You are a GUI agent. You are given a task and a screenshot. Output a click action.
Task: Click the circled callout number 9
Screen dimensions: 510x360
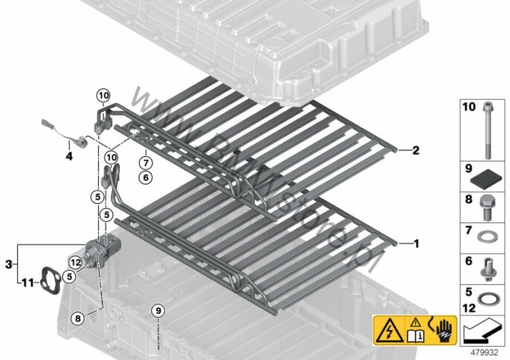coord(158,311)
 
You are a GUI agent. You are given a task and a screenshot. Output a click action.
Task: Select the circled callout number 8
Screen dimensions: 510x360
coord(77,318)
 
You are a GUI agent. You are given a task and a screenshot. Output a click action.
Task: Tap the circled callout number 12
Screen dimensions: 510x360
coord(76,262)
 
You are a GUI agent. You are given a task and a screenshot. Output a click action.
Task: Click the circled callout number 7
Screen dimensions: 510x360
coord(146,162)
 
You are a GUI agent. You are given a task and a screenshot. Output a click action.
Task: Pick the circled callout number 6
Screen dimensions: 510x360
coord(146,177)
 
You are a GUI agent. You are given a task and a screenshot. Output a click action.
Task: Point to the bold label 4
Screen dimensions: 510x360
coord(69,156)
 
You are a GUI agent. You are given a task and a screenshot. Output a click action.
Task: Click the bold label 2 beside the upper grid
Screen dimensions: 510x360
coord(416,150)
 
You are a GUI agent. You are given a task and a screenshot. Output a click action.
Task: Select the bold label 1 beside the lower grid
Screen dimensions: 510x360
coord(416,243)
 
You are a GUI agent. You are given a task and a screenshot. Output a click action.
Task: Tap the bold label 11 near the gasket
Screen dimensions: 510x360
coord(28,283)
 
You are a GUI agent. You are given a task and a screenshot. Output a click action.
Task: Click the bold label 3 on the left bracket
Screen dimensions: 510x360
coord(9,264)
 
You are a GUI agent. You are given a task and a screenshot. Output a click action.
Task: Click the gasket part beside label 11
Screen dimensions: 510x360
coord(50,280)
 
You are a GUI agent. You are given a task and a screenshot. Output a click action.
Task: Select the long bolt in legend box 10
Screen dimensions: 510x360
coord(487,130)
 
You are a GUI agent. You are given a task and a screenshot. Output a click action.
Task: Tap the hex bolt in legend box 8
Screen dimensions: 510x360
coord(487,207)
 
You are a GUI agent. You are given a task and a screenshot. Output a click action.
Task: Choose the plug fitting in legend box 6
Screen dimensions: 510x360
coord(486,269)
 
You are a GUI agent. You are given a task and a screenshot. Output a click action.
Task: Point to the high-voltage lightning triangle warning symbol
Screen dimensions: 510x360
coord(389,331)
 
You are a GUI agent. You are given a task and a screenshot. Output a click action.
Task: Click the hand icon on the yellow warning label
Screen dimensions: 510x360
coord(445,331)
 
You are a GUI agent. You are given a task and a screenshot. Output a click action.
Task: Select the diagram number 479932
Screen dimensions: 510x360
coord(485,353)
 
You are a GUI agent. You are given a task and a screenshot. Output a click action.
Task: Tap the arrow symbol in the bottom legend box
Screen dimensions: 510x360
coord(482,331)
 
